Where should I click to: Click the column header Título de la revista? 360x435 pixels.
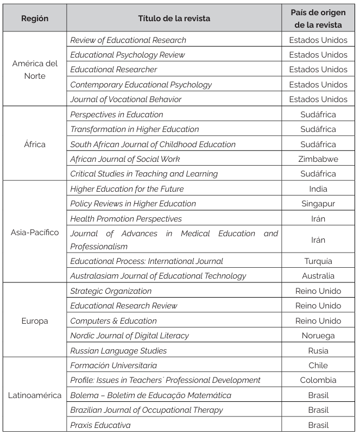click(x=174, y=18)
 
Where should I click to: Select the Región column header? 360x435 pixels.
click(x=35, y=18)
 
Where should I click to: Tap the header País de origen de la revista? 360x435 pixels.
click(x=318, y=18)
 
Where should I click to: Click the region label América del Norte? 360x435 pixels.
click(x=35, y=70)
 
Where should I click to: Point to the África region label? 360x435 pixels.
click(x=35, y=144)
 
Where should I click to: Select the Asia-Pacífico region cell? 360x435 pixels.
click(x=35, y=232)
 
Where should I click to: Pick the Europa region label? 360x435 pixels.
click(x=35, y=321)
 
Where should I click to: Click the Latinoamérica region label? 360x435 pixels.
click(x=35, y=395)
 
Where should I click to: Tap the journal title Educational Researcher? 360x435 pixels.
click(x=113, y=70)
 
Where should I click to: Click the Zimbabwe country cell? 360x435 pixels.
click(x=318, y=159)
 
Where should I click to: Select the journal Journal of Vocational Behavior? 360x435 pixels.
click(x=126, y=99)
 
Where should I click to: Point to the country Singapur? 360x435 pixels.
click(x=318, y=204)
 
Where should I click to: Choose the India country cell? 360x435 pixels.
click(x=318, y=189)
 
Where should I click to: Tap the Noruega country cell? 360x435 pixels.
click(x=318, y=336)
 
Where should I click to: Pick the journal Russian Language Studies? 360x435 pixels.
click(x=118, y=351)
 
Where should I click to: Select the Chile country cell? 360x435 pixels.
click(x=318, y=365)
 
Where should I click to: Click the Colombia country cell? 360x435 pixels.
click(x=318, y=380)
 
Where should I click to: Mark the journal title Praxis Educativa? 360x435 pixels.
click(x=100, y=425)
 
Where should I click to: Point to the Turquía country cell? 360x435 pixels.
click(x=318, y=261)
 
